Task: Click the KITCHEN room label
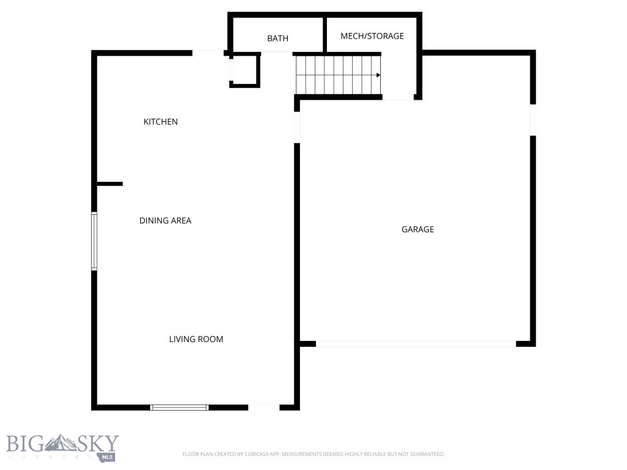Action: pyautogui.click(x=160, y=122)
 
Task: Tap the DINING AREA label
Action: pyautogui.click(x=165, y=220)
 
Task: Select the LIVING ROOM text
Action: pyautogui.click(x=196, y=339)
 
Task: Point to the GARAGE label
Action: pyautogui.click(x=418, y=229)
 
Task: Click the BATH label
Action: pyautogui.click(x=277, y=39)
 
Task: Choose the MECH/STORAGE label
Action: pyautogui.click(x=372, y=36)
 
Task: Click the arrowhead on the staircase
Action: pyautogui.click(x=378, y=75)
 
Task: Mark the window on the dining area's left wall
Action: pyautogui.click(x=94, y=241)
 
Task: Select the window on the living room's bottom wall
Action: pyautogui.click(x=179, y=407)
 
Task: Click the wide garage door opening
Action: pyautogui.click(x=416, y=344)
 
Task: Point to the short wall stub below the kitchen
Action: pyautogui.click(x=110, y=184)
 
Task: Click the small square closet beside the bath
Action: pyautogui.click(x=245, y=70)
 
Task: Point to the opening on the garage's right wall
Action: pyautogui.click(x=533, y=120)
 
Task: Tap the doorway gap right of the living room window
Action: pyautogui.click(x=264, y=407)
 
